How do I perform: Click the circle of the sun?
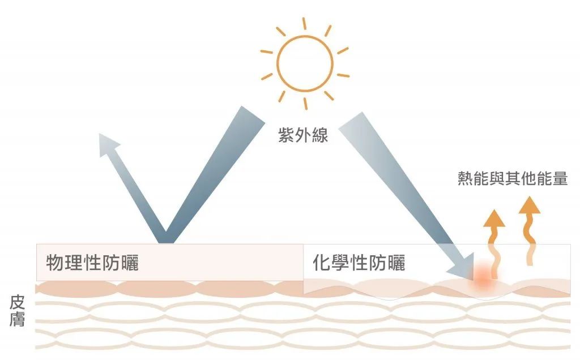pos(305,63)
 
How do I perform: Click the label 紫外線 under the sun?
pos(304,135)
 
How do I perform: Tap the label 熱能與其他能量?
pos(513,178)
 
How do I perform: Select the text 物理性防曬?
pos(92,263)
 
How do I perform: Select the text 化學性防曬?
pos(359,263)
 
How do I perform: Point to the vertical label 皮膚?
pos(17,311)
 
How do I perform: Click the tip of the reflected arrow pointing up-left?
pos(100,134)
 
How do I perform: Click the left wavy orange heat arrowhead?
pos(494,218)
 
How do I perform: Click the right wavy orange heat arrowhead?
pos(530,205)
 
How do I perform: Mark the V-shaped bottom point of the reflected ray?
pos(166,242)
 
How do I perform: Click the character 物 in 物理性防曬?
pos(55,263)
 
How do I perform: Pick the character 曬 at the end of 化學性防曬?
pos(396,263)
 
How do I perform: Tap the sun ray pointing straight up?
pos(304,24)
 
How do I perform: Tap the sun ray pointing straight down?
pos(305,104)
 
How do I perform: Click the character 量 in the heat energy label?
pos(560,178)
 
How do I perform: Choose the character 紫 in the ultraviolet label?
pos(286,135)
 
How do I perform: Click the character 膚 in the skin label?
pos(17,319)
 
